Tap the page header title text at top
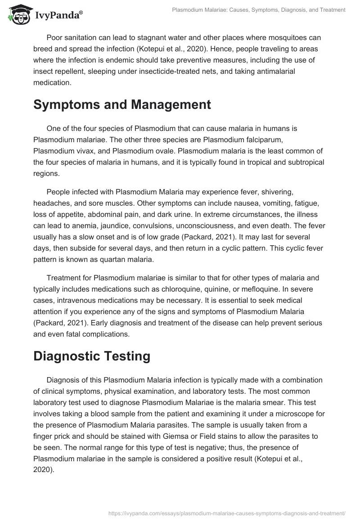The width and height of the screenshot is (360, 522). tap(259, 9)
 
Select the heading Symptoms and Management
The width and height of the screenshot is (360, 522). tap(122, 105)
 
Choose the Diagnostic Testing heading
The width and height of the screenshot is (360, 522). tap(92, 356)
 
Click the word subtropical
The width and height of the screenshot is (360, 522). tap(288, 161)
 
